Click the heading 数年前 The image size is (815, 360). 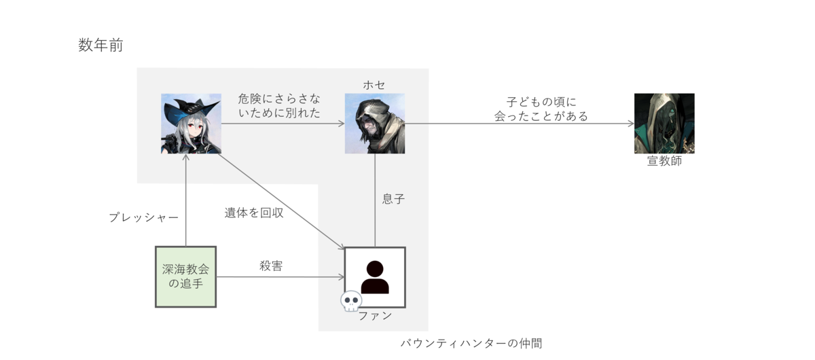point(100,46)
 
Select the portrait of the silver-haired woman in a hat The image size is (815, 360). point(191,124)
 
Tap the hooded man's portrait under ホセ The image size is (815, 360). point(374,124)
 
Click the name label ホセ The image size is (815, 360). point(374,85)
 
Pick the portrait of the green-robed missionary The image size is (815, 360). point(664,123)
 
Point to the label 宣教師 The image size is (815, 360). point(664,162)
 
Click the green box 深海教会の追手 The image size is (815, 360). point(185,276)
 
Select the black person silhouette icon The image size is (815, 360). point(375,276)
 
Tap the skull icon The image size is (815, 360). point(350,302)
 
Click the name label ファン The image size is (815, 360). point(375,315)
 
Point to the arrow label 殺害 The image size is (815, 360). point(271,266)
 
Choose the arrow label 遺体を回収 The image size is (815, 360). point(254,213)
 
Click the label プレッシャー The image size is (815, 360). point(143,217)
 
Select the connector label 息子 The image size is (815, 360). point(393,200)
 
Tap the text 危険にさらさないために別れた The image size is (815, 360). point(280,105)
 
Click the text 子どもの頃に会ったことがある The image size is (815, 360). point(541,109)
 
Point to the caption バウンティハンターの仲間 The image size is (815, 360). point(471,343)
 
